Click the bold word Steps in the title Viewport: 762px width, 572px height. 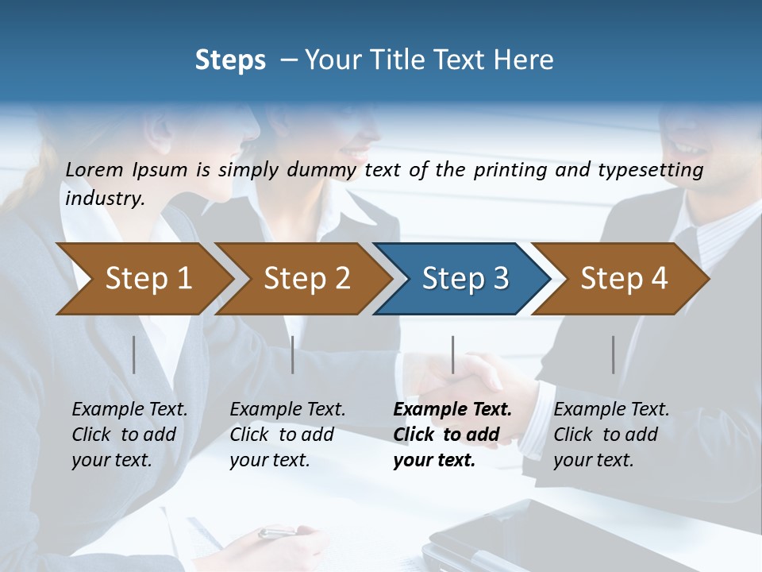click(230, 60)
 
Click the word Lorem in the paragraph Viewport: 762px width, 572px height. click(94, 169)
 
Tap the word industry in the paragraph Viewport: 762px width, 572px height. click(104, 198)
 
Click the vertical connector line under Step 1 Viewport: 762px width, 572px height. click(134, 354)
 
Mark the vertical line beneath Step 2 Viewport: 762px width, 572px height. click(293, 354)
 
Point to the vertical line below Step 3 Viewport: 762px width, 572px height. click(453, 354)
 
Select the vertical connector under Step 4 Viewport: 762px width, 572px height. click(614, 354)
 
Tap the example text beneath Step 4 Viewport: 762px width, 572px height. click(611, 435)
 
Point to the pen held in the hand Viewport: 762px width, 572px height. click(278, 532)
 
